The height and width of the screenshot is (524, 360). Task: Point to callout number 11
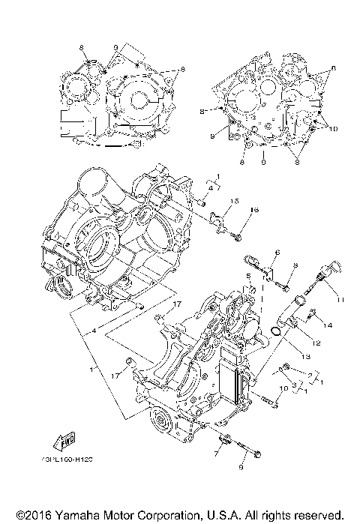pyautogui.click(x=342, y=301)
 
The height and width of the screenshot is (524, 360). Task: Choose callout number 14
pyautogui.click(x=327, y=325)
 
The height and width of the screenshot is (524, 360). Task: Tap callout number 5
pyautogui.click(x=247, y=277)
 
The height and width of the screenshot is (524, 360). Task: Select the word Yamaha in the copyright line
pyautogui.click(x=77, y=516)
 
